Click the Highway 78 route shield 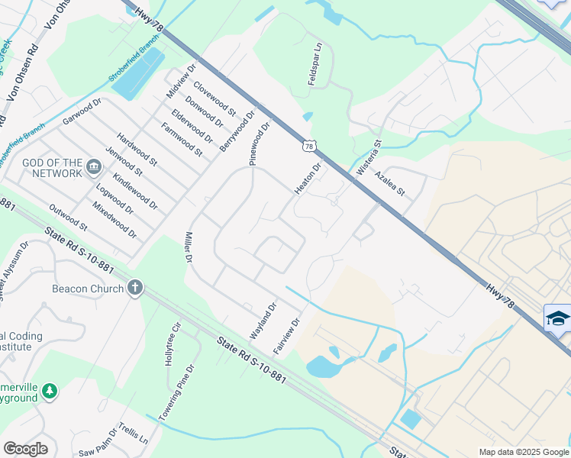click(308, 145)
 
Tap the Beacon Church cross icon click(135, 289)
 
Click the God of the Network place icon click(93, 166)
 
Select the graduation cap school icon click(557, 318)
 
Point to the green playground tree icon click(50, 391)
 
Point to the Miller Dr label click(186, 247)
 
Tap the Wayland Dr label click(263, 321)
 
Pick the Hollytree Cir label click(172, 343)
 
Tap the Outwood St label click(68, 216)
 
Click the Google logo click(25, 449)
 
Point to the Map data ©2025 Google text click(523, 452)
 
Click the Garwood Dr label click(82, 111)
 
